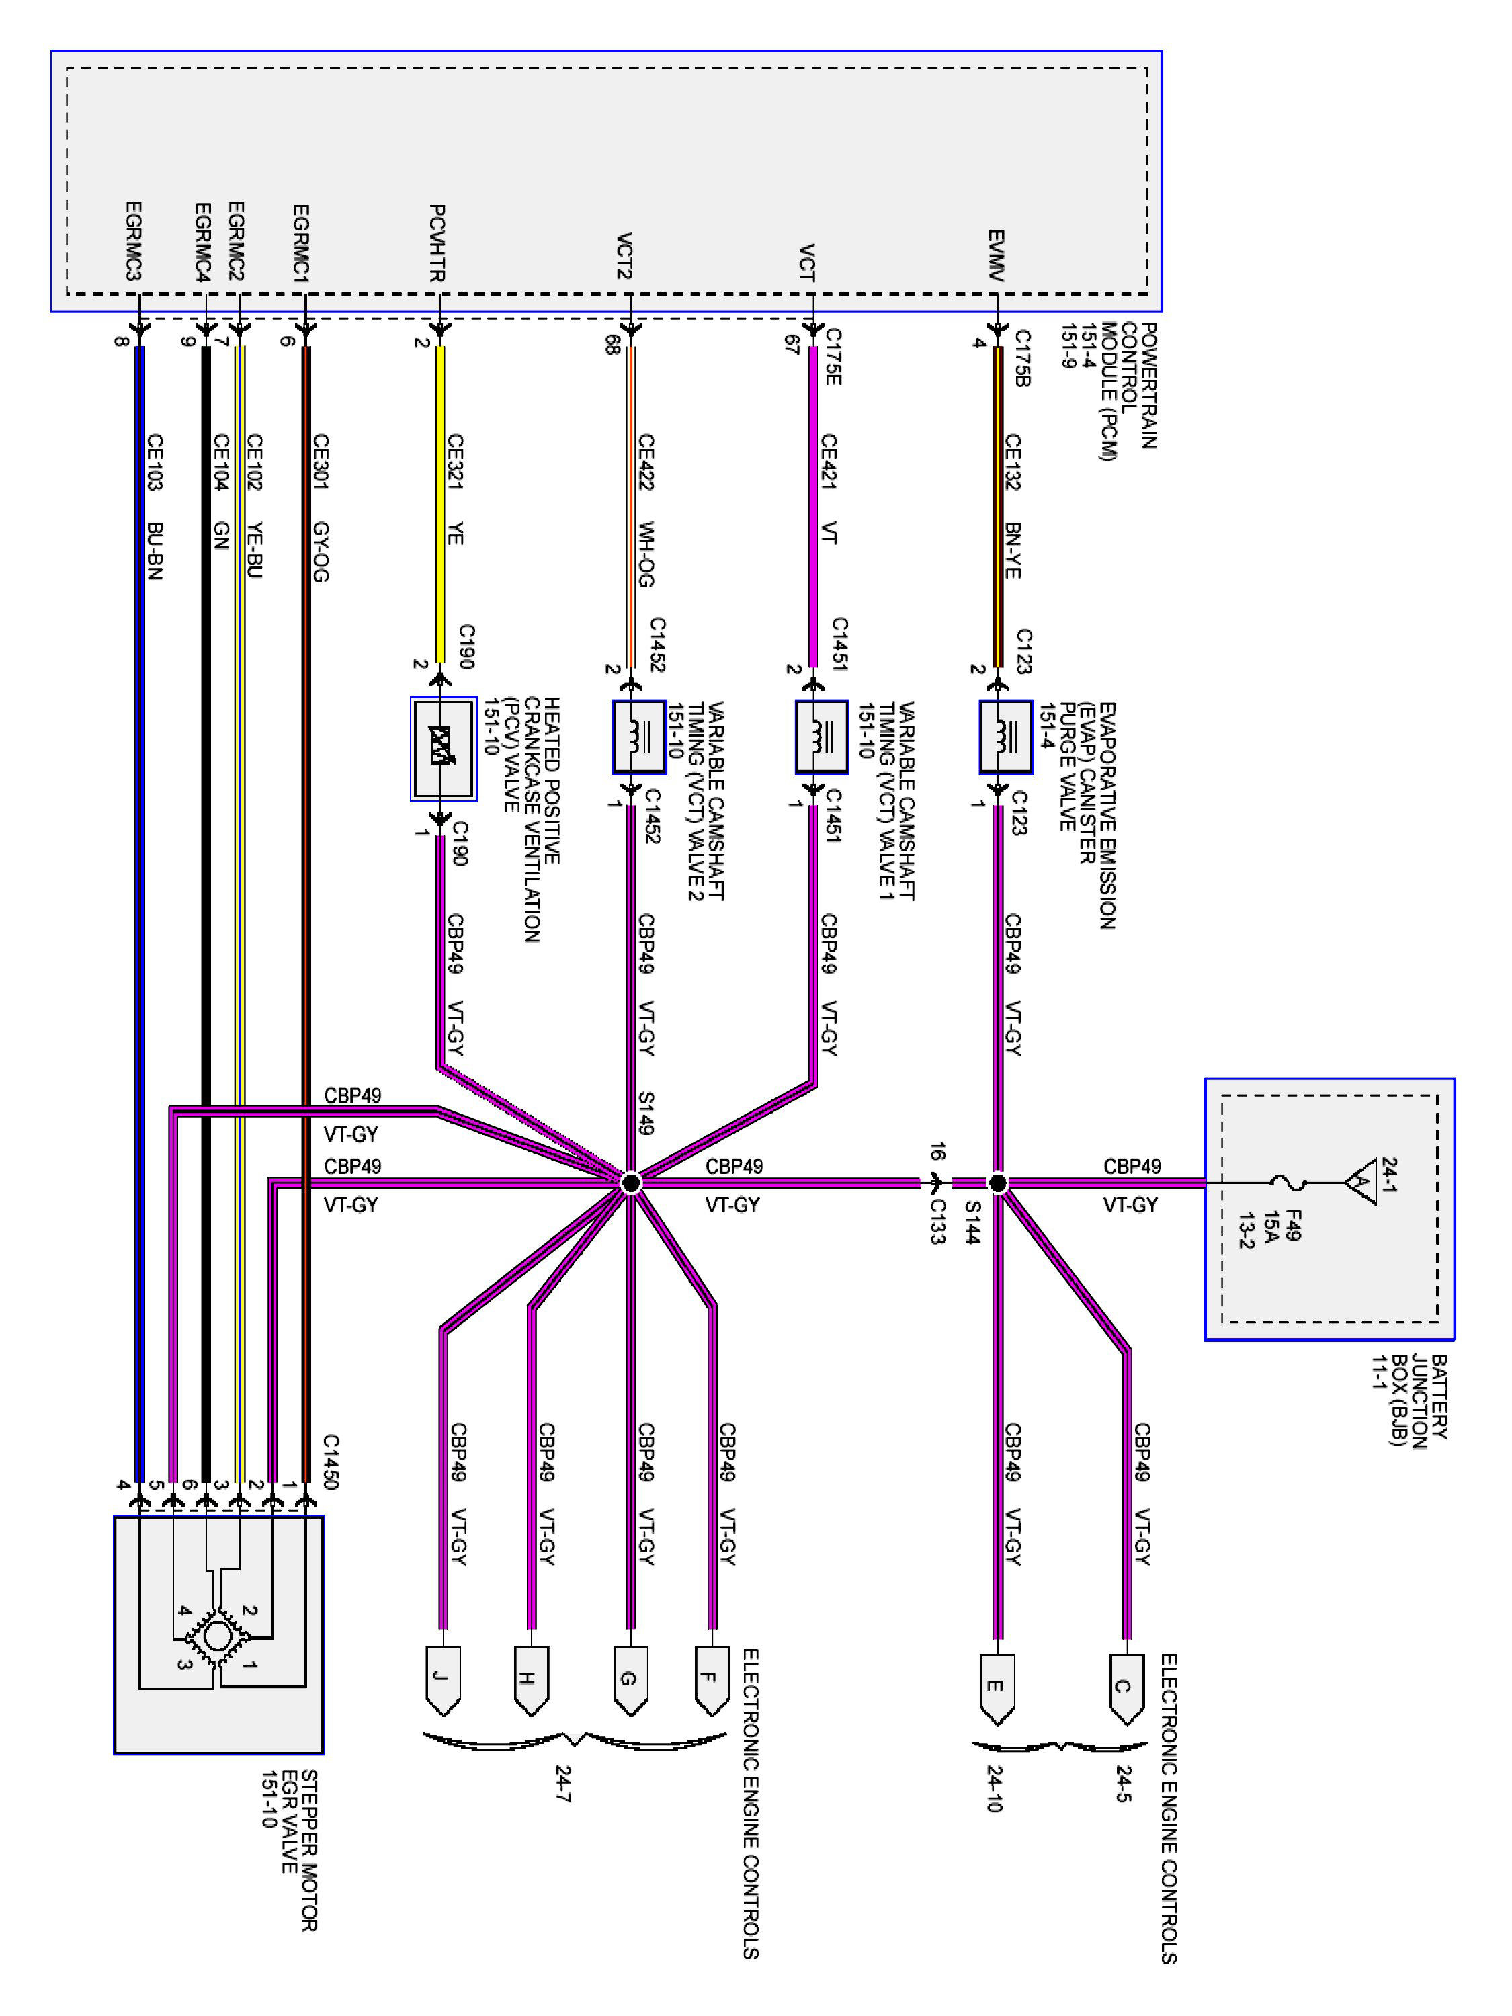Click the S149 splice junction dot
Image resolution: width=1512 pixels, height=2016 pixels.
630,1183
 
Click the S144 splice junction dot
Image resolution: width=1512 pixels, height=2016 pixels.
998,1183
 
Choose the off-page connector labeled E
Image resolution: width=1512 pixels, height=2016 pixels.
998,1689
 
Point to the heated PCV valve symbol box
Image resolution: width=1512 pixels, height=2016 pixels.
444,749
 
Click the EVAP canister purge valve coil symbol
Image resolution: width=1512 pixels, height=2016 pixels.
1006,737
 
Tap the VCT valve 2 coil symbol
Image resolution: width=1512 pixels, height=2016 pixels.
640,737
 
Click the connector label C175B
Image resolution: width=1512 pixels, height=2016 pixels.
1021,358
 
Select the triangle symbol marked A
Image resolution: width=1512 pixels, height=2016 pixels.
1361,1183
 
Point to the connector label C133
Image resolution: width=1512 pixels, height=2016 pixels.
939,1220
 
